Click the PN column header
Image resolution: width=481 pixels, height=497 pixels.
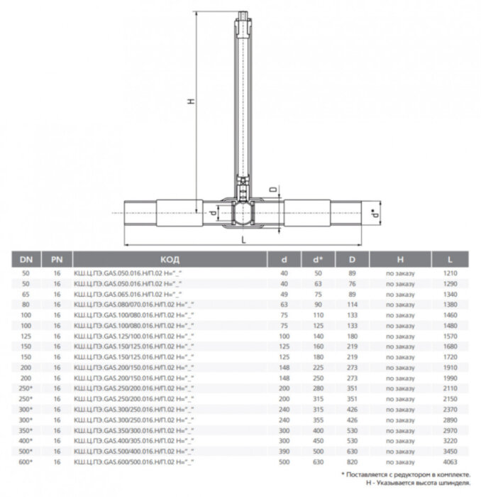point(56,259)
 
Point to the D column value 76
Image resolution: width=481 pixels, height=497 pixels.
point(353,283)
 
